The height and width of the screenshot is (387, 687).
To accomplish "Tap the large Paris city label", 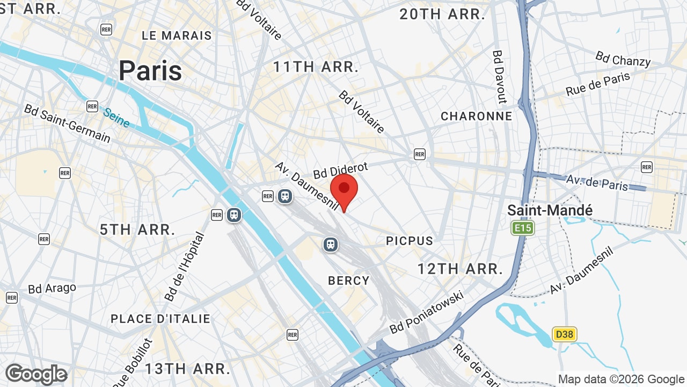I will pos(150,70).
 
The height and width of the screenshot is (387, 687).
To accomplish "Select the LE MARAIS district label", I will pos(177,35).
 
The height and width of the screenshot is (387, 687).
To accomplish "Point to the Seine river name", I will pos(116,118).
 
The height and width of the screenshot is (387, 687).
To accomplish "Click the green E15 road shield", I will pos(522,228).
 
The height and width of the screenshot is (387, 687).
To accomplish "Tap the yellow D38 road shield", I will pos(564,334).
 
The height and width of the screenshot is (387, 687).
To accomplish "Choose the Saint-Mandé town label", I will pos(550,210).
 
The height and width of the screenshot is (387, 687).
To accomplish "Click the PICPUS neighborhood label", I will pos(410,241).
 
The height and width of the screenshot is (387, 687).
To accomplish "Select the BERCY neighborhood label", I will pos(349,280).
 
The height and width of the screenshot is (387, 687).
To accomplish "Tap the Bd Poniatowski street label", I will pos(427,312).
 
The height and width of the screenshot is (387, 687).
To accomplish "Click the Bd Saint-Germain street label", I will pos(67,124).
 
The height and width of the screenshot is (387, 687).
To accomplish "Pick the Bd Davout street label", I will pos(499,76).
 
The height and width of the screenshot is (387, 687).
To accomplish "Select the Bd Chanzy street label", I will pos(623,59).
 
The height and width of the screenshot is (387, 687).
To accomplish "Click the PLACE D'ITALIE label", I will pos(160,319).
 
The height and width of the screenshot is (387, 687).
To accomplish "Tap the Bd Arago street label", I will pos(52,288).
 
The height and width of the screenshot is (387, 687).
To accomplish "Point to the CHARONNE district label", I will pos(476,116).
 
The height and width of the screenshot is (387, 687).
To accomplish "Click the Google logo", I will pos(36,374).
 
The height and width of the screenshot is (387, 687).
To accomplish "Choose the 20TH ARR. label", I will pos(442,15).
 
